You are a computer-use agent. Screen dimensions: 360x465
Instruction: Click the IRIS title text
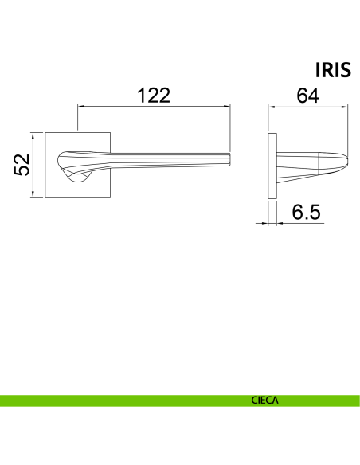pyautogui.click(x=333, y=70)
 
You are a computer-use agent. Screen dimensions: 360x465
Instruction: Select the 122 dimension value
pyautogui.click(x=154, y=96)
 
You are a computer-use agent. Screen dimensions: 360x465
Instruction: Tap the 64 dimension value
pyautogui.click(x=307, y=96)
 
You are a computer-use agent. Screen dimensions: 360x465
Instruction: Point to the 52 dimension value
pyautogui.click(x=22, y=165)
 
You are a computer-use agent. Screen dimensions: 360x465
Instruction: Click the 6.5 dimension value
pyautogui.click(x=306, y=212)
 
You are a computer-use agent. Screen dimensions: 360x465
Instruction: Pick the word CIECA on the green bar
pyautogui.click(x=264, y=401)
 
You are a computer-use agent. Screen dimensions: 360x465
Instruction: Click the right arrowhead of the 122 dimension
pyautogui.click(x=227, y=106)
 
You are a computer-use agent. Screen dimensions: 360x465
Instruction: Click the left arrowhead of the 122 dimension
pyautogui.click(x=81, y=106)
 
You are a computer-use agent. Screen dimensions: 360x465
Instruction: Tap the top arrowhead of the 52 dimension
pyautogui.click(x=33, y=136)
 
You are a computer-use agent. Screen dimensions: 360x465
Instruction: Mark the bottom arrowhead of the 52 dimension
pyautogui.click(x=33, y=194)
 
